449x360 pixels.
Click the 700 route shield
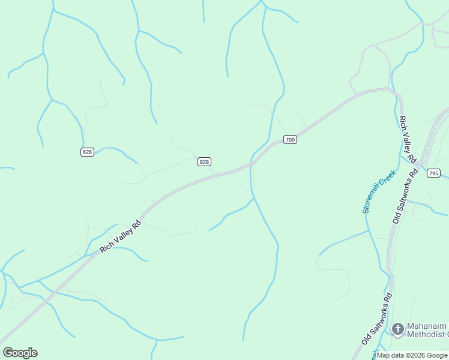coord(290,140)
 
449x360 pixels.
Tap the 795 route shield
coord(433,173)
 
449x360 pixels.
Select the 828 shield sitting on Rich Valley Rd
coord(204,161)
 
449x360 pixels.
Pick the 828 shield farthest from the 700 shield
coord(87,152)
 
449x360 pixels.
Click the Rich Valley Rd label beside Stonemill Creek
coord(407,139)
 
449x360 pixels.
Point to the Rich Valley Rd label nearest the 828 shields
coord(120,236)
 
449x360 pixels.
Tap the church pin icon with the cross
coord(397,329)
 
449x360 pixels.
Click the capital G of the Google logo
coord(8,353)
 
